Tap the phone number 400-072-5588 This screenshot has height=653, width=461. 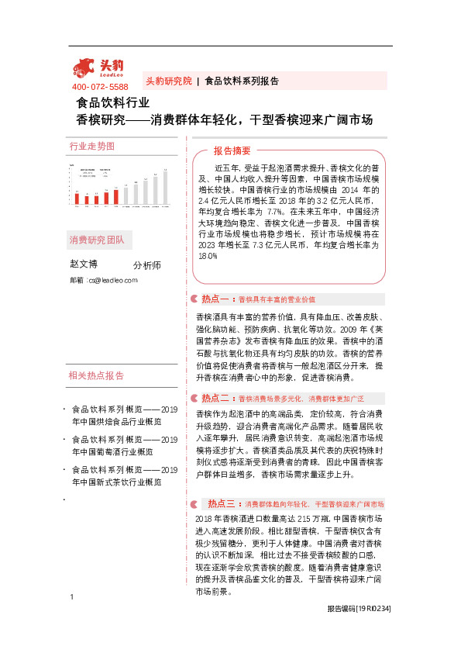(x=99, y=87)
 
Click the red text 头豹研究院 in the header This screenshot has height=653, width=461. (x=168, y=81)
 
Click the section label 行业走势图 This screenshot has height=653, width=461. (x=91, y=146)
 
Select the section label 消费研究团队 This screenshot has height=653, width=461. (x=96, y=239)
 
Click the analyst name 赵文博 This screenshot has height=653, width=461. (x=84, y=264)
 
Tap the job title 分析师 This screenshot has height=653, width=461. (x=147, y=265)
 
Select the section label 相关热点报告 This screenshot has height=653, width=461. (x=96, y=376)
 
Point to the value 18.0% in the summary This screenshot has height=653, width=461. (x=208, y=256)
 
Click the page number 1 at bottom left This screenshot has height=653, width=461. (x=71, y=618)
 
